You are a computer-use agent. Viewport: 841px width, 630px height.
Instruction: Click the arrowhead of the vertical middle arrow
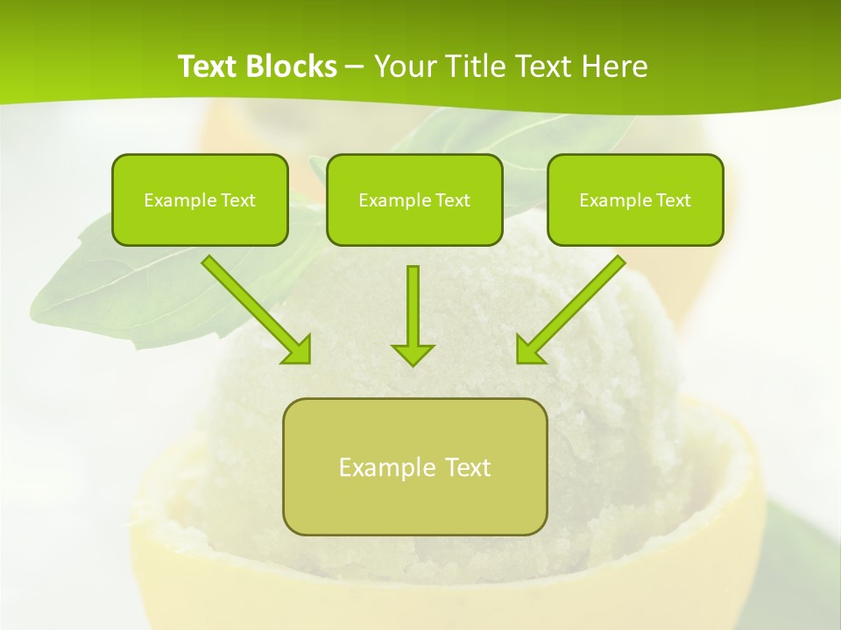(x=413, y=353)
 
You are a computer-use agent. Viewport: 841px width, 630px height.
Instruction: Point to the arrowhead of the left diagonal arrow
(x=299, y=350)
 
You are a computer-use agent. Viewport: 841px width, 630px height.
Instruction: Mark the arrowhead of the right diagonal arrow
(x=528, y=350)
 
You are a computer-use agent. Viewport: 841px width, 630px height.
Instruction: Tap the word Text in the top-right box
(x=674, y=200)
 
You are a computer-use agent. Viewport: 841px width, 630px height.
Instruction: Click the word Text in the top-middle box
(x=453, y=200)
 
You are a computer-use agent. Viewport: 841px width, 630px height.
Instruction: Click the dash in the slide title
(x=355, y=67)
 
